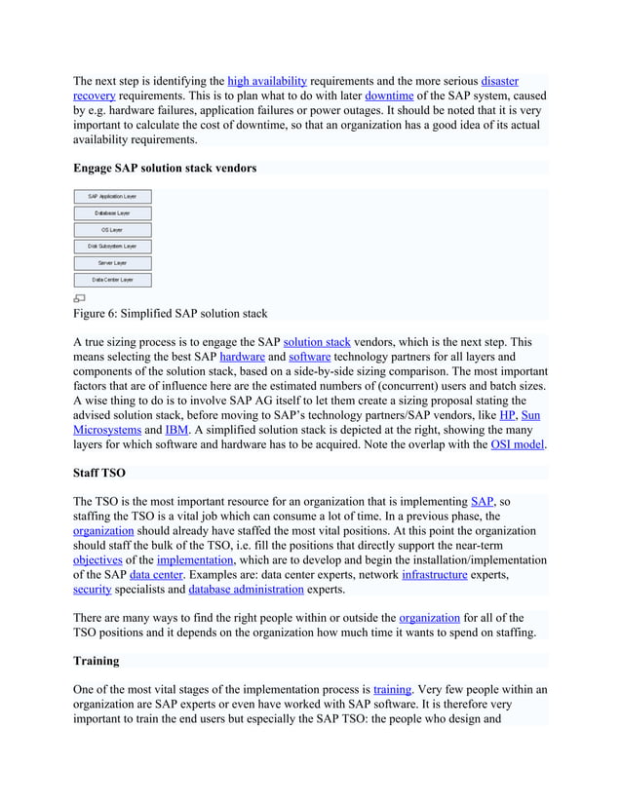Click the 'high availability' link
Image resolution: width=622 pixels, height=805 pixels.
(266, 81)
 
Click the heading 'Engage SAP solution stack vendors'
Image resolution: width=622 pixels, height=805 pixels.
(165, 169)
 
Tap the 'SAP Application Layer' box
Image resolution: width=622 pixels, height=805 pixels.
(112, 197)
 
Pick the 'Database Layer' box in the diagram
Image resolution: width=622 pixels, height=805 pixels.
(112, 213)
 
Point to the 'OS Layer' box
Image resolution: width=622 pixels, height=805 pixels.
(112, 230)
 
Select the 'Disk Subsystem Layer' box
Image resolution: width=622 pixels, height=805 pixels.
(112, 247)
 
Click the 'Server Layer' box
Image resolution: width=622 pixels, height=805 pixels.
(112, 263)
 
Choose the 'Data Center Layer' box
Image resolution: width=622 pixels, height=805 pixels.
(112, 280)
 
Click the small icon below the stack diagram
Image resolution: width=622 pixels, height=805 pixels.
(79, 298)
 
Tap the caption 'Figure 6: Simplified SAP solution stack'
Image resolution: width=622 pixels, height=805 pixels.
(170, 314)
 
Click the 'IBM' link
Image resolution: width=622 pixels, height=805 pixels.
(176, 430)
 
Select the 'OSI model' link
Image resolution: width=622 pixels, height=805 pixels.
(517, 444)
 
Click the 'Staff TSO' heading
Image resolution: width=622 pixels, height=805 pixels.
(99, 473)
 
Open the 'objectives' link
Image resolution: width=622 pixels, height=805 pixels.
(97, 560)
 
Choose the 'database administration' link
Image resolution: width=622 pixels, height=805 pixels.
(246, 590)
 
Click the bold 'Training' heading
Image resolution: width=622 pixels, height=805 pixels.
(97, 661)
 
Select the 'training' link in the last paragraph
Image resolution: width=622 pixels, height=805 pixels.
(393, 690)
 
